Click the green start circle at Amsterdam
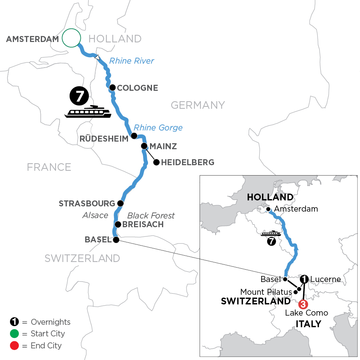[72, 38]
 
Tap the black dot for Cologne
[113, 87]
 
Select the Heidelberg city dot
[156, 162]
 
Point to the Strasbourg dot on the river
[120, 203]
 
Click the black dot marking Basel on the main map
[116, 240]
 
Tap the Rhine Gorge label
[158, 128]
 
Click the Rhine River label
[132, 61]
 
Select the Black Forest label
[151, 216]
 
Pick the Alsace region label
[96, 215]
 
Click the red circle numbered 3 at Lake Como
[303, 304]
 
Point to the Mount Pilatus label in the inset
[266, 292]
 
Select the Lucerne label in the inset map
[326, 279]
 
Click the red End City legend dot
[14, 345]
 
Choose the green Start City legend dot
[14, 334]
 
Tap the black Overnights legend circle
[14, 322]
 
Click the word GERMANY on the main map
[198, 105]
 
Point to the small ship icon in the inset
[270, 233]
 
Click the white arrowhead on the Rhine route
[98, 58]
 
